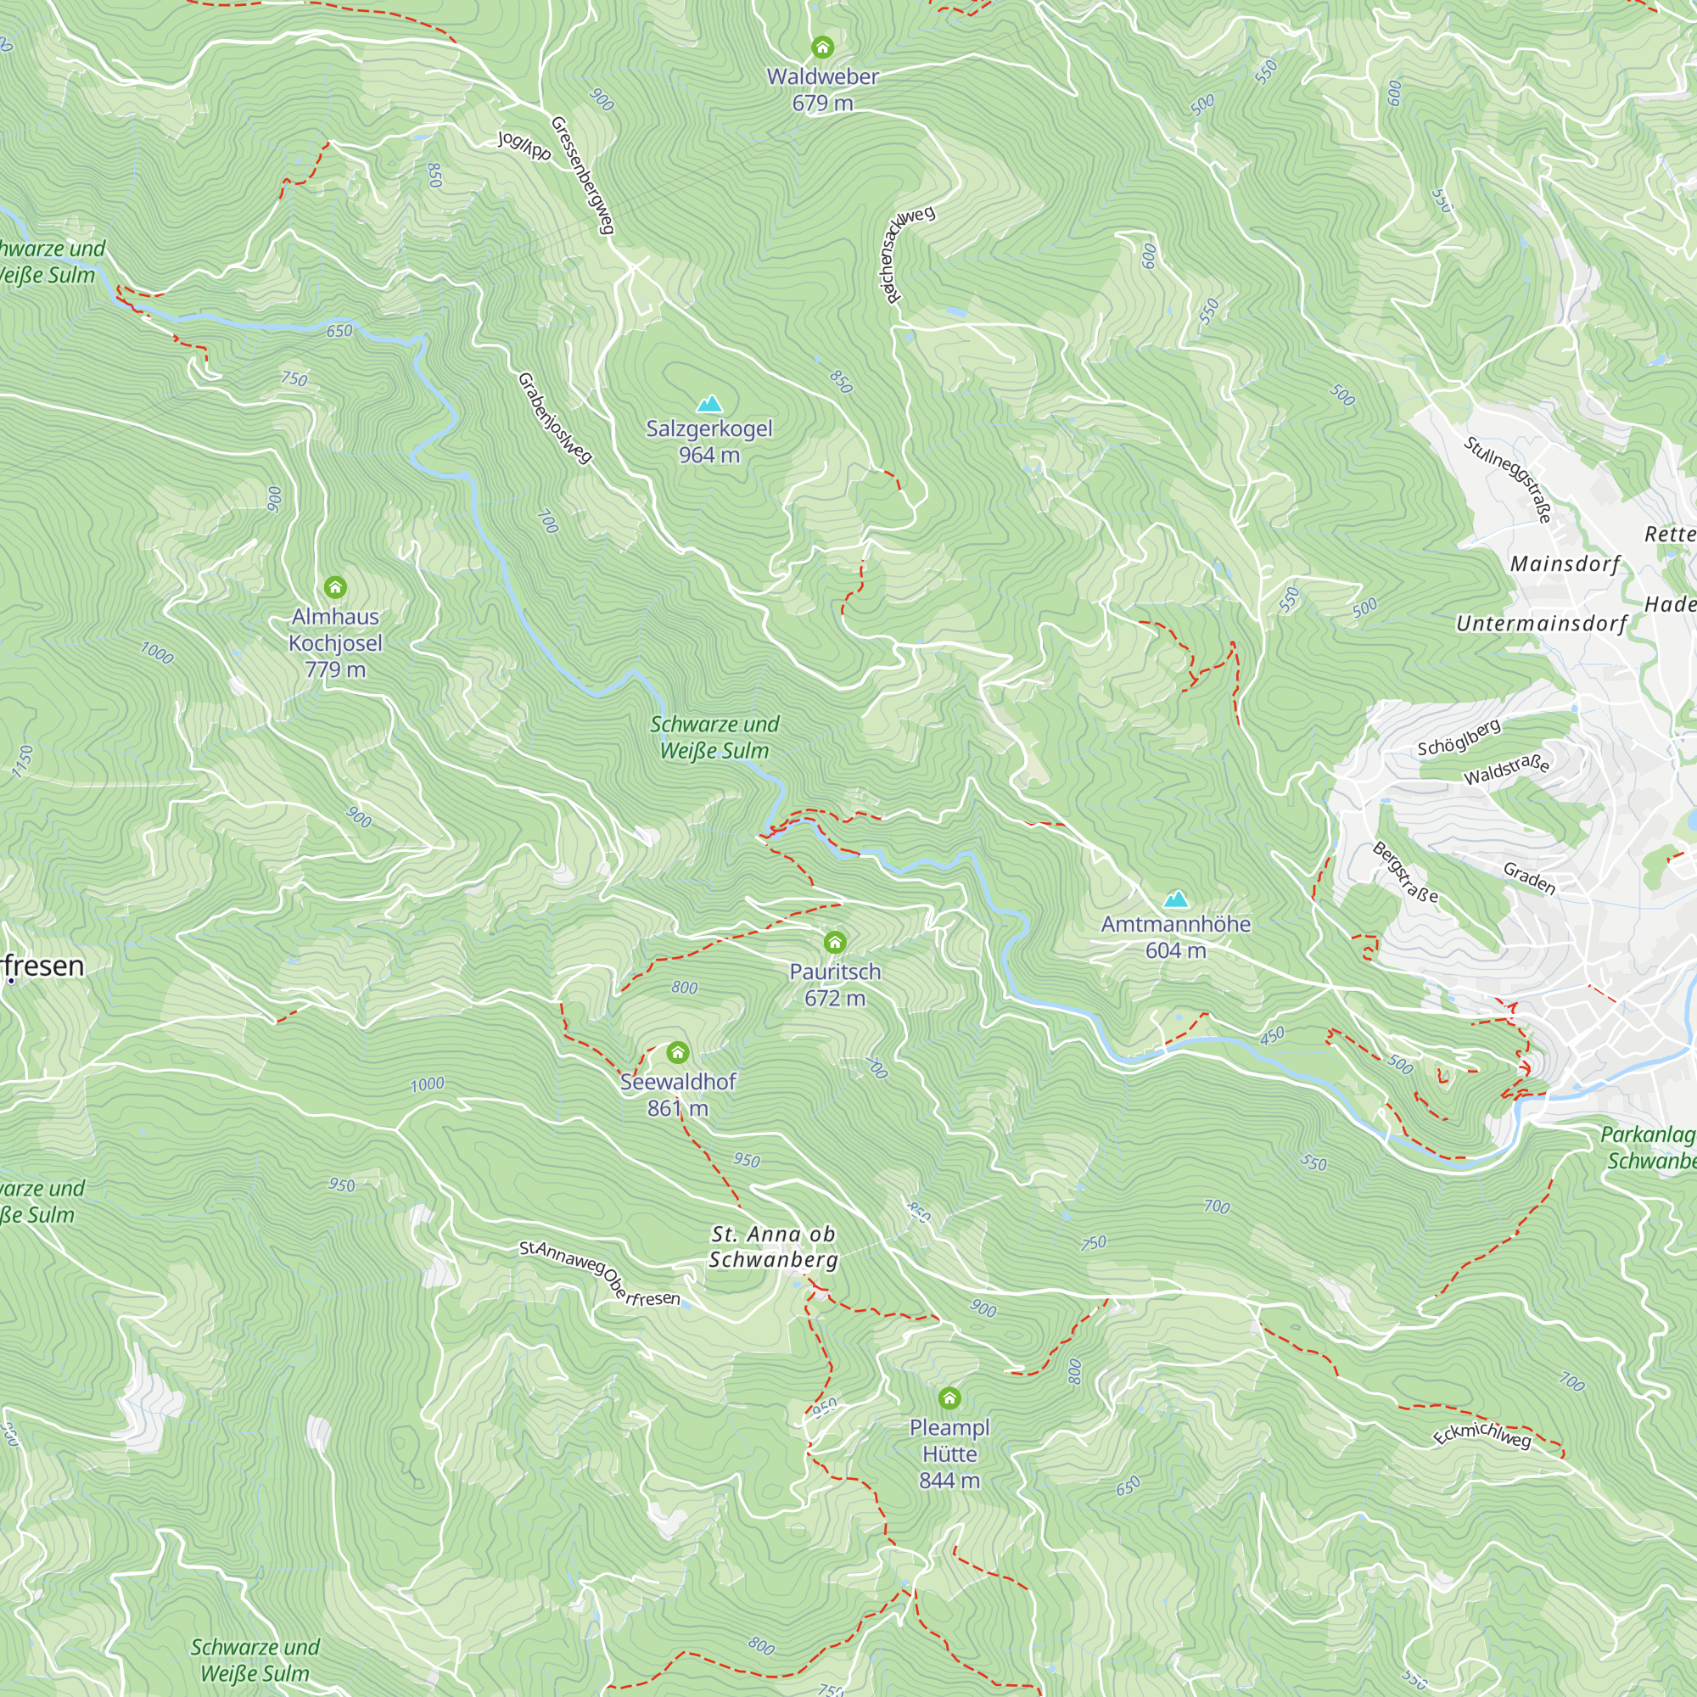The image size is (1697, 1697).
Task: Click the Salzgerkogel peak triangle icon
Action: (708, 404)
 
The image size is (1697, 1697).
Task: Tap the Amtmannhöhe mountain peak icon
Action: (1175, 899)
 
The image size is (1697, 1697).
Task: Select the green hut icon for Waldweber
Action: (822, 47)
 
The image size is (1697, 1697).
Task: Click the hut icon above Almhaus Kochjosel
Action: (334, 587)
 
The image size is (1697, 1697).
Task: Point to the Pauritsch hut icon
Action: (834, 943)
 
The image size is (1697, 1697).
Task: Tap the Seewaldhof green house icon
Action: (677, 1052)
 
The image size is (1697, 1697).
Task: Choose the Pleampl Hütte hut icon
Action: (949, 1397)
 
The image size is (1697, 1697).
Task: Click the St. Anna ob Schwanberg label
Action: (773, 1246)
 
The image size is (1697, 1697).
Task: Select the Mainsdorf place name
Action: (1565, 564)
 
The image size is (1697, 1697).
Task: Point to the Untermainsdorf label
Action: (1542, 624)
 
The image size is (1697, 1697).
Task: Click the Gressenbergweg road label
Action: (581, 175)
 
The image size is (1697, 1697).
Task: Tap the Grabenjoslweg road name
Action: (554, 418)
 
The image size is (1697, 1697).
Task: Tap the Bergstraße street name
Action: (1405, 872)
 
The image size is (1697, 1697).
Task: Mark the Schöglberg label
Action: (1459, 737)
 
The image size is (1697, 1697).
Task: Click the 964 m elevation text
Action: (708, 455)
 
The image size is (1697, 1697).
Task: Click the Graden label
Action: (1529, 877)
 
